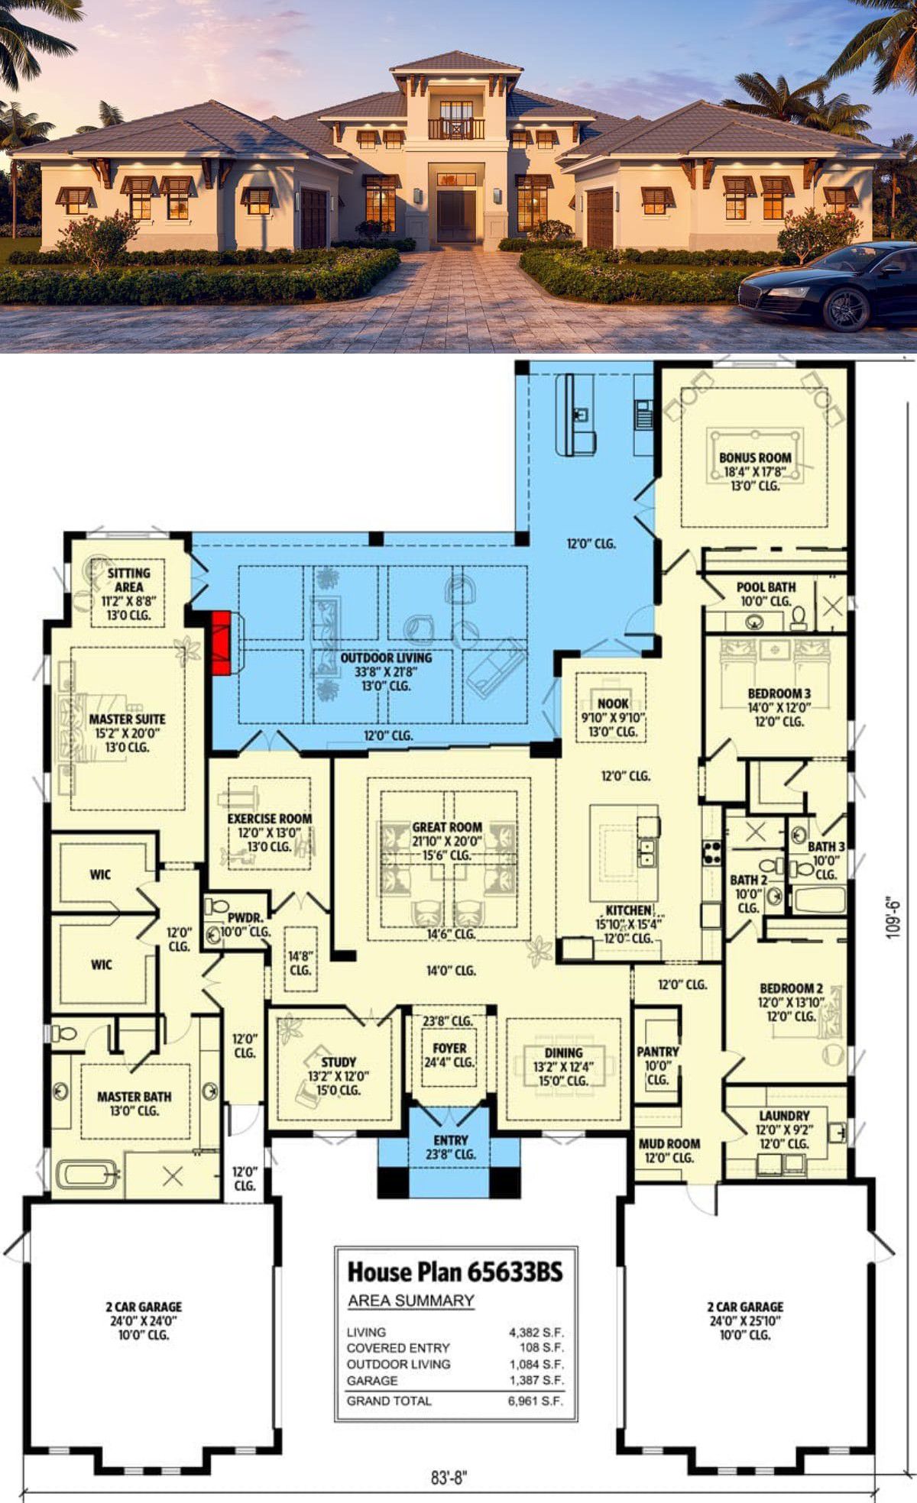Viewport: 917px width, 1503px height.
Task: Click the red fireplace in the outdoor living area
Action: pos(221,642)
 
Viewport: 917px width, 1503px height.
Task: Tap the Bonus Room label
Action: pos(755,457)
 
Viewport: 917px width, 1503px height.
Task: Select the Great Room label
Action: pos(447,826)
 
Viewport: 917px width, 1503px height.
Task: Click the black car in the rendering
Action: pos(829,286)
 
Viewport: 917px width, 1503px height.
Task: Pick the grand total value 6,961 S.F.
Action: pos(536,1401)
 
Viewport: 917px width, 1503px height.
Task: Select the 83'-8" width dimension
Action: pos(449,1478)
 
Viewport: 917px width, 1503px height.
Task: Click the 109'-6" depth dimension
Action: pos(893,916)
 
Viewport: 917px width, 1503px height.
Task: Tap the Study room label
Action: pos(339,1062)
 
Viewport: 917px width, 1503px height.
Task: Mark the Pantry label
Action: pos(658,1052)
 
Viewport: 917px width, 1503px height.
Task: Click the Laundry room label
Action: pos(784,1116)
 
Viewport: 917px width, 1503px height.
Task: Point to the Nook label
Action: pos(614,703)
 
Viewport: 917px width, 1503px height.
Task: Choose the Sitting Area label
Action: pos(128,580)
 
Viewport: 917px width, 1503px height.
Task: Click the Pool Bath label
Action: pos(766,587)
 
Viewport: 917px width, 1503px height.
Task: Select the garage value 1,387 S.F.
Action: pos(536,1380)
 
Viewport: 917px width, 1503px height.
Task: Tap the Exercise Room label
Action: pos(270,819)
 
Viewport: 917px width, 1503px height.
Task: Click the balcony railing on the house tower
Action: pos(455,128)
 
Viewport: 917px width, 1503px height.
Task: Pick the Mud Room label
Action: pos(669,1143)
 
